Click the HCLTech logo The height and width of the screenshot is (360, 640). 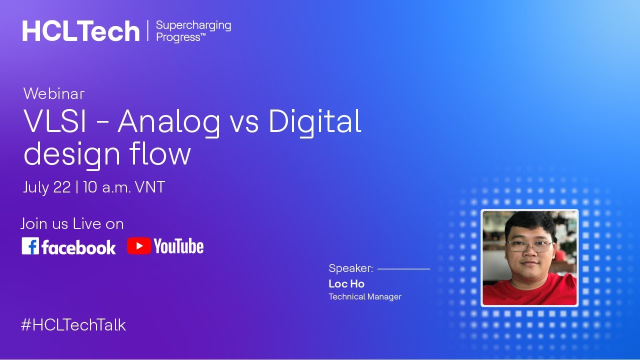(x=80, y=31)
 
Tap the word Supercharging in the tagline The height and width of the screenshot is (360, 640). (x=193, y=25)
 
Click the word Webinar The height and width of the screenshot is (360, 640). (x=54, y=93)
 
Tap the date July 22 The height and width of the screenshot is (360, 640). (x=47, y=187)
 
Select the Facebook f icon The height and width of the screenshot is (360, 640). (x=30, y=246)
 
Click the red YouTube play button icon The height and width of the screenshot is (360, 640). (x=138, y=246)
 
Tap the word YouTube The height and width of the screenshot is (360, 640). (x=178, y=246)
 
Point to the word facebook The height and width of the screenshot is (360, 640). (x=78, y=247)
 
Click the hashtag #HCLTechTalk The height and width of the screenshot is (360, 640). (x=73, y=325)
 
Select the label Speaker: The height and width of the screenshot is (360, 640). (x=350, y=268)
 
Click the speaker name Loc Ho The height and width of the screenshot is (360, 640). (x=346, y=284)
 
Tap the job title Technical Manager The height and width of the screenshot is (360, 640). (x=365, y=297)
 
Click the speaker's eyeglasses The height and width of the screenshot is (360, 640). (x=529, y=246)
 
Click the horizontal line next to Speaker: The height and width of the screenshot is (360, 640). (x=403, y=269)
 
